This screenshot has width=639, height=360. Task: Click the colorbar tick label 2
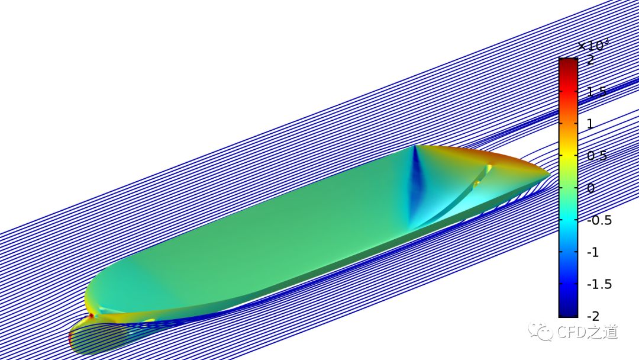pyautogui.click(x=590, y=60)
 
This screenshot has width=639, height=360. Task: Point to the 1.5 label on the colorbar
pyautogui.click(x=596, y=92)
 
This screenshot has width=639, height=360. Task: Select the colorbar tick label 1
pyautogui.click(x=590, y=124)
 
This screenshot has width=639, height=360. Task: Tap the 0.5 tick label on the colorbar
pyautogui.click(x=597, y=156)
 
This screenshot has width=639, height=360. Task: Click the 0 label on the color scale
pyautogui.click(x=590, y=188)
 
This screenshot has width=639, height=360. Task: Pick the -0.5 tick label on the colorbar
pyautogui.click(x=599, y=220)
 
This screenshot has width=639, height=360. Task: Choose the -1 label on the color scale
pyautogui.click(x=593, y=252)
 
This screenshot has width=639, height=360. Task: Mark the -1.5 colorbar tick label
pyautogui.click(x=599, y=284)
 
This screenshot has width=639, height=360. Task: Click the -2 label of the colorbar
pyautogui.click(x=593, y=316)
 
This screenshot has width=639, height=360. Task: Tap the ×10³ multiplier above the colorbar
pyautogui.click(x=593, y=45)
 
